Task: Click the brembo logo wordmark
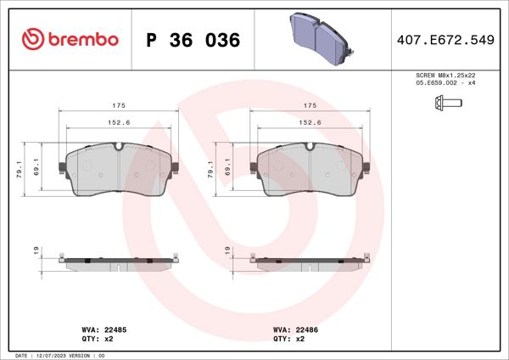coord(72,39)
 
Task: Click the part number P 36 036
coord(193,40)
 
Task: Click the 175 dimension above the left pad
coord(120,105)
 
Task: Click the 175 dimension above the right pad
coord(310,105)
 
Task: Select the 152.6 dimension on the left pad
coord(120,122)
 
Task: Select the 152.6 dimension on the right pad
coord(310,122)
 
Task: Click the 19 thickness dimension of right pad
coord(227,250)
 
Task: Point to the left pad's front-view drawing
coord(120,170)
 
